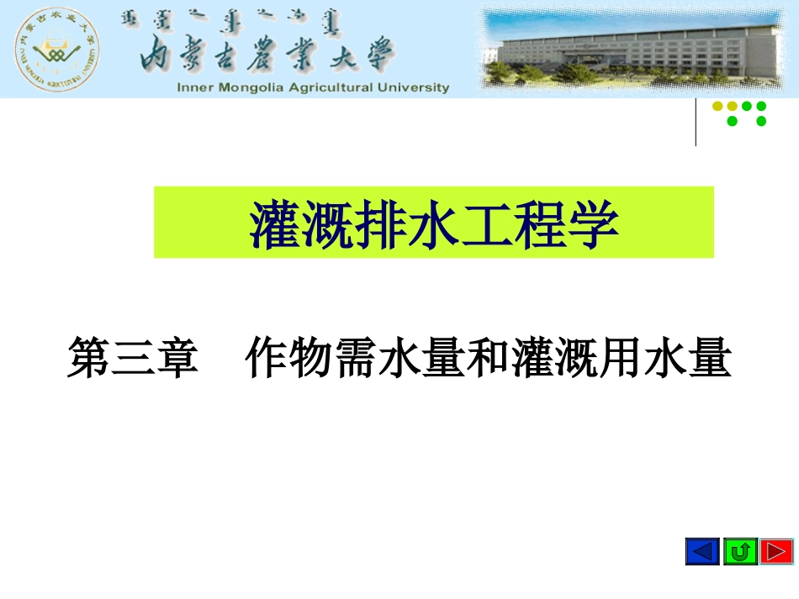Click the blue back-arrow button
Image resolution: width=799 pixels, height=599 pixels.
tap(702, 551)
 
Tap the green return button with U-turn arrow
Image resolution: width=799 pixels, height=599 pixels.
tap(740, 551)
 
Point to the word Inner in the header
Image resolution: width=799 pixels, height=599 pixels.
tap(195, 87)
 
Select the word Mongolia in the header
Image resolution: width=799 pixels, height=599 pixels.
tap(252, 87)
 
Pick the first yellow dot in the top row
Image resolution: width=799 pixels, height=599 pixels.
tap(717, 107)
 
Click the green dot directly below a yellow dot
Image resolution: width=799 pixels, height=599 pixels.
tap(732, 121)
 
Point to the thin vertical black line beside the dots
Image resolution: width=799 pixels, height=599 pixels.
tap(696, 122)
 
